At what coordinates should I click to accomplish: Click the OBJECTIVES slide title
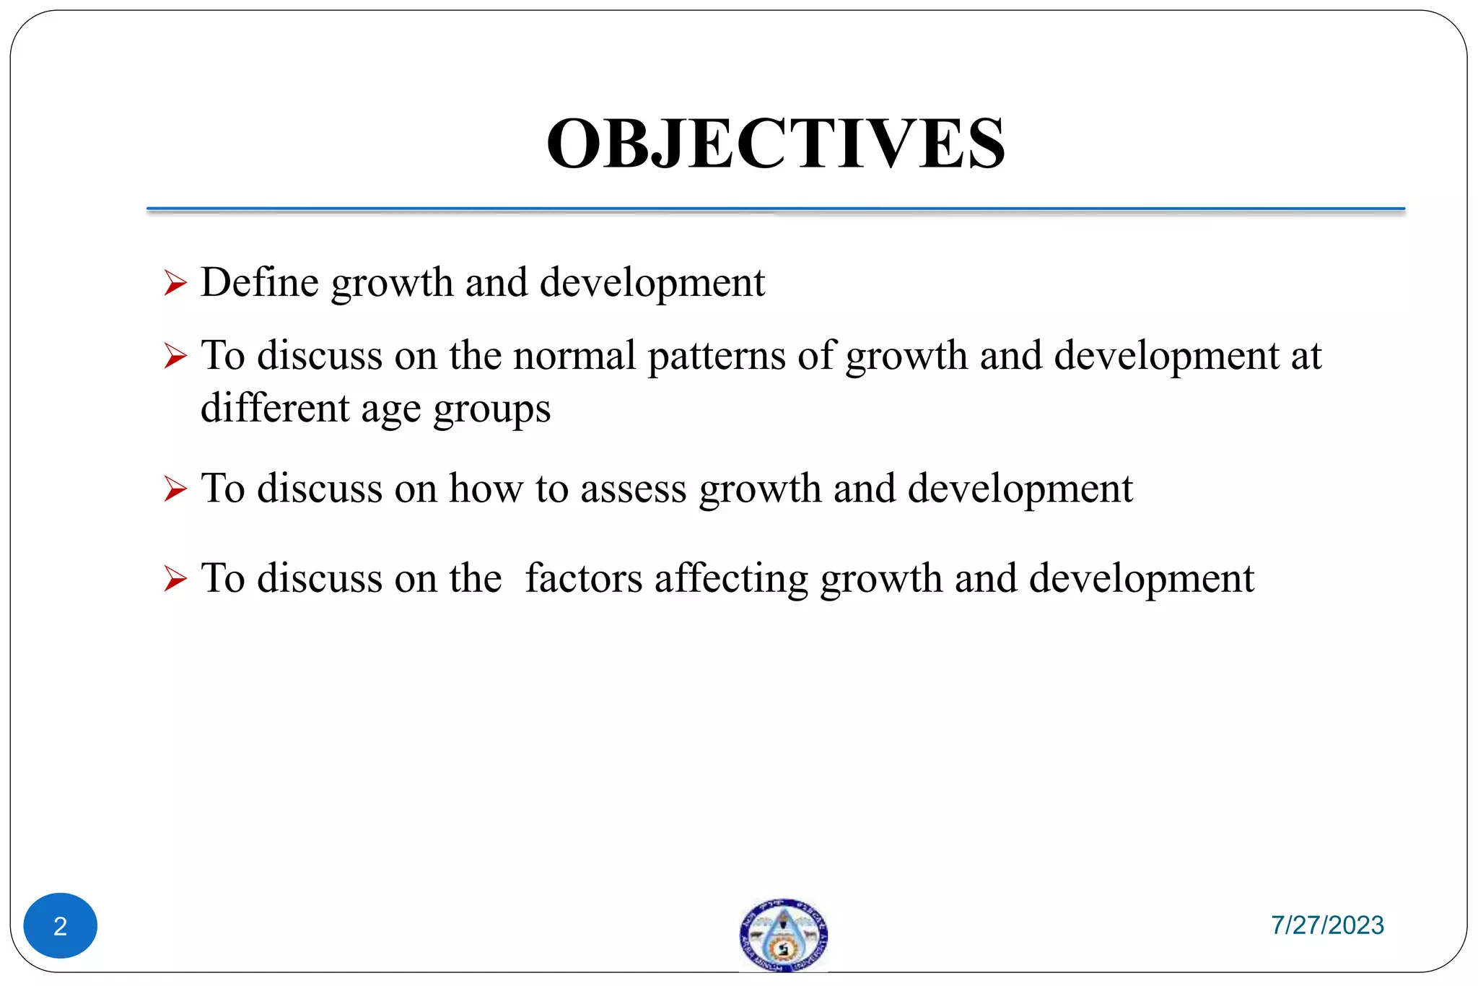click(776, 144)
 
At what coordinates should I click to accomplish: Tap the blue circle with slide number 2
click(61, 925)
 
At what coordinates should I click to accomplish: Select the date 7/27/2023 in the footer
click(1327, 925)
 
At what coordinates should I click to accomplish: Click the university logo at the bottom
click(783, 934)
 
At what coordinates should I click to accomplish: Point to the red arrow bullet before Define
click(175, 283)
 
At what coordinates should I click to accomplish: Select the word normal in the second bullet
click(574, 356)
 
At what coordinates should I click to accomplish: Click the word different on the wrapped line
click(275, 408)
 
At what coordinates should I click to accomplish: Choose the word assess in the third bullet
click(634, 489)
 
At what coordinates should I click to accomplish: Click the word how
click(486, 489)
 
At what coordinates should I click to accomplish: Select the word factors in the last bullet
click(583, 578)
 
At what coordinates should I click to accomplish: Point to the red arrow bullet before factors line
click(175, 579)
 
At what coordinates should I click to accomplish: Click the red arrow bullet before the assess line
click(175, 489)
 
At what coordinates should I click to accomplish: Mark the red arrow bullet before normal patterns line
click(175, 357)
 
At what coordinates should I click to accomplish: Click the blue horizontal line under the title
click(776, 209)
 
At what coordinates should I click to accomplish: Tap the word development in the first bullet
click(652, 283)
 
